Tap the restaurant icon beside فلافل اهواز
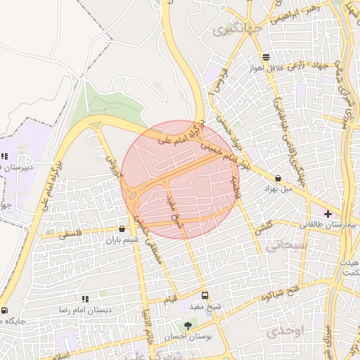tap(266, 58)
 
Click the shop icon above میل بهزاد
tap(280, 178)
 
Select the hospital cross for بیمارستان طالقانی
tap(328, 212)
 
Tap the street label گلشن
tap(262, 224)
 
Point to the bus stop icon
tap(205, 295)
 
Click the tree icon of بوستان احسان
tap(188, 326)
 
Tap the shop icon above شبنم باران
tap(122, 229)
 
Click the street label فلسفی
tap(71, 235)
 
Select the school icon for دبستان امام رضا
tap(85, 299)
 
